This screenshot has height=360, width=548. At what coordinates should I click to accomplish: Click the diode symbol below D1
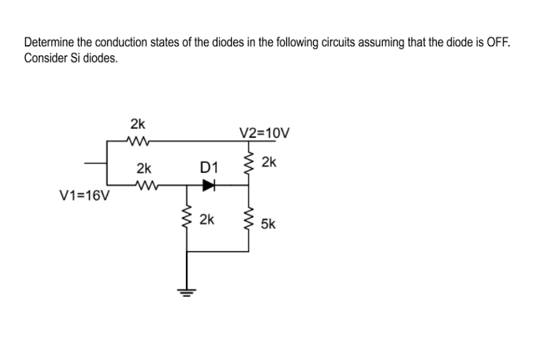coord(207,185)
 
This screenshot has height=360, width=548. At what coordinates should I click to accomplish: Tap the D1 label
coord(208,167)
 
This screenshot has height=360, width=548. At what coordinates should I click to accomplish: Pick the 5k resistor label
coord(269,225)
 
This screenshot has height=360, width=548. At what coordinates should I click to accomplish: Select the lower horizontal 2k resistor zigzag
coord(145,185)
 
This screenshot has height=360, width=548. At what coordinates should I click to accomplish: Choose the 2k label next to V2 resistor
coord(269,163)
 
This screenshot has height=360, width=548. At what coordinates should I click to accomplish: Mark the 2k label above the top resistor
coord(137,125)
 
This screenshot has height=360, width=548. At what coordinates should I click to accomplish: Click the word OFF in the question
coord(498,43)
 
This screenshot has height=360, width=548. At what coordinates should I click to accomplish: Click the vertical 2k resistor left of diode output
coord(187,221)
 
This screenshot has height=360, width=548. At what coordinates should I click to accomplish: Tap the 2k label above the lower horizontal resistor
coord(144,169)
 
